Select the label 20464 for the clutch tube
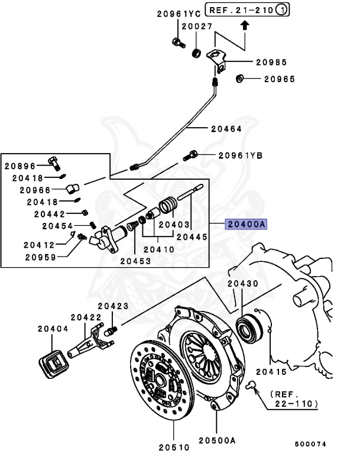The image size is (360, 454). [227, 128]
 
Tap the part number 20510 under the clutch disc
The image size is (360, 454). [174, 440]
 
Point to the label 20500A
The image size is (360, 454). [217, 440]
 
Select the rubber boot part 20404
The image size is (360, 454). [53, 361]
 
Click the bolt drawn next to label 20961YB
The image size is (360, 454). [193, 155]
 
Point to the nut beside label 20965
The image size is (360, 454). [240, 78]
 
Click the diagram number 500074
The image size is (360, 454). [310, 444]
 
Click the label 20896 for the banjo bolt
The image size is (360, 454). [21, 166]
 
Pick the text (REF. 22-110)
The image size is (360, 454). [294, 399]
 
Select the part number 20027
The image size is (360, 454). [196, 26]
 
